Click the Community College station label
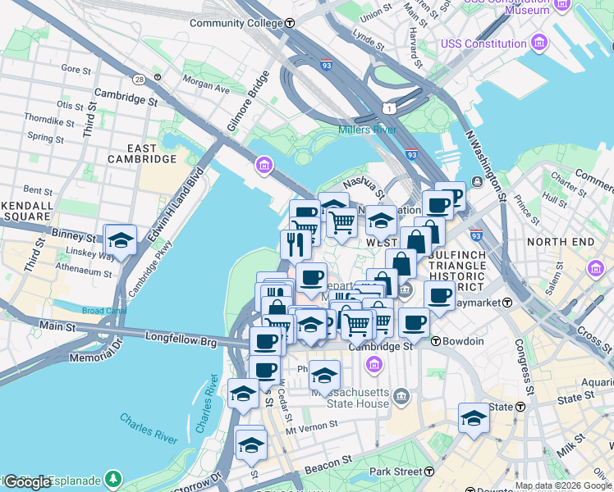(x=236, y=23)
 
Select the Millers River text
(x=367, y=130)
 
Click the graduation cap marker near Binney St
(x=121, y=241)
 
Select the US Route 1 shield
(x=387, y=107)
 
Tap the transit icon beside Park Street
(x=429, y=471)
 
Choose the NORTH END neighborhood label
(x=559, y=242)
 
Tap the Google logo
(x=28, y=481)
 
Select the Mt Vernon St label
(x=312, y=426)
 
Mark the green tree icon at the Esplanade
(x=112, y=479)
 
